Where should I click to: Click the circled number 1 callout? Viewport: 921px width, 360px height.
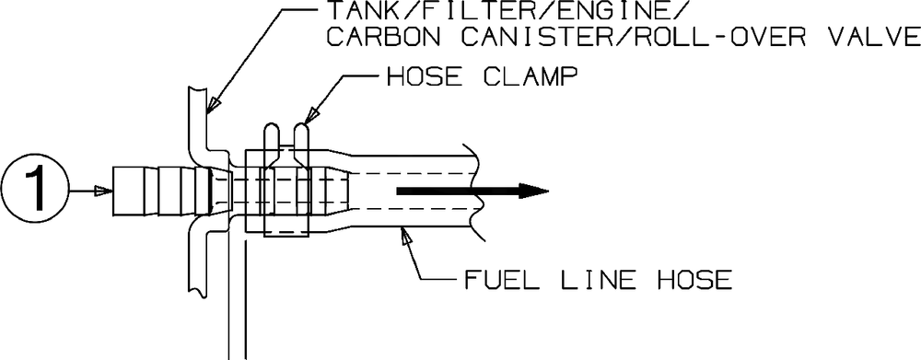(x=35, y=191)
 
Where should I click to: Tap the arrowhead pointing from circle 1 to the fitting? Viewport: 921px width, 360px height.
(x=102, y=191)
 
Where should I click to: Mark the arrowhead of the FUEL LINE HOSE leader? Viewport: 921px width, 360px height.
(x=404, y=235)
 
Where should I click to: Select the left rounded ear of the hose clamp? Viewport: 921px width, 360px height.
(x=272, y=142)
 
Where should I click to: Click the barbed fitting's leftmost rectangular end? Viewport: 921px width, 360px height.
(x=127, y=191)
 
